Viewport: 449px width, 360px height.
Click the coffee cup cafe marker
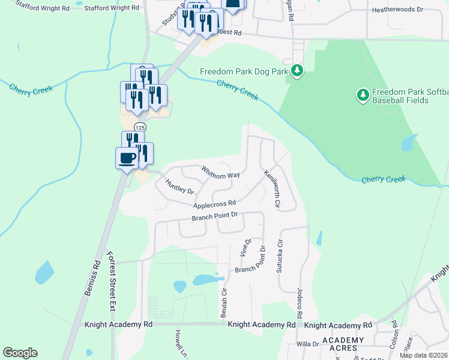point(127,158)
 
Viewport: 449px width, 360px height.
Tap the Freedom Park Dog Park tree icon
point(297,72)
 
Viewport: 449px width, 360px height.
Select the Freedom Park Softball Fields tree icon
point(362,95)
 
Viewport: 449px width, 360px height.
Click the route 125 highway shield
point(140,127)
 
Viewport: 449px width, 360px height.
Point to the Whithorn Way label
point(220,172)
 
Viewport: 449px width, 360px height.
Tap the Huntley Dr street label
point(179,187)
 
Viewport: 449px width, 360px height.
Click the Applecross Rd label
point(214,205)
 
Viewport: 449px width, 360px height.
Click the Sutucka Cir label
point(279,257)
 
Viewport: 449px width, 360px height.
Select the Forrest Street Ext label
point(110,281)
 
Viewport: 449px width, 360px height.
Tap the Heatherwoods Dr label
point(414,10)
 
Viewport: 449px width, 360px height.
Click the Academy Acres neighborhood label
point(343,344)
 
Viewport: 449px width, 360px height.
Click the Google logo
point(20,353)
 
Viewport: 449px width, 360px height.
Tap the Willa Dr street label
point(307,344)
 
